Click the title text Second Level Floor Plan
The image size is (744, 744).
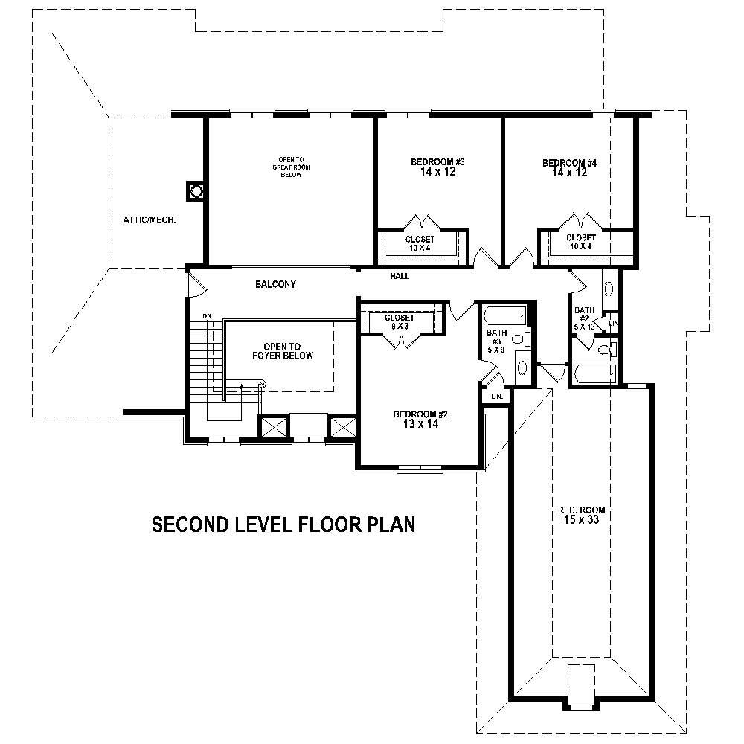[283, 525]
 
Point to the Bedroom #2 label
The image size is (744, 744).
[420, 420]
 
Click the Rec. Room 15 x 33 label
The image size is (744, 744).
[581, 516]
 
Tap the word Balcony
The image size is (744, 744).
[275, 284]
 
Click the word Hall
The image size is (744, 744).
[400, 277]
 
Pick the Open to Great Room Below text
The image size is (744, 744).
[290, 167]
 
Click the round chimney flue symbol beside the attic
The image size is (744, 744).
[196, 191]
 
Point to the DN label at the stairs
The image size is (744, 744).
[208, 318]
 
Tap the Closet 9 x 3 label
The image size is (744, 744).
[400, 322]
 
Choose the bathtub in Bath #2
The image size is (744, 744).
[592, 372]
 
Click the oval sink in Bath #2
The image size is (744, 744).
[609, 289]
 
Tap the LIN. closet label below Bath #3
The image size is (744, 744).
[496, 397]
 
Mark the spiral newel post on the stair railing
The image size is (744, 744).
[261, 385]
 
